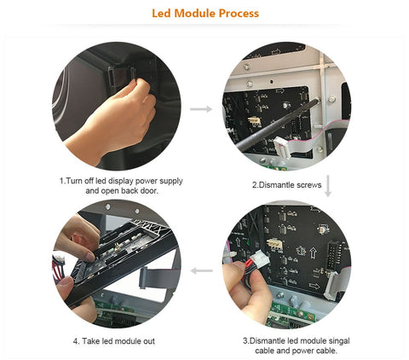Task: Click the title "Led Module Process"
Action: [x=204, y=14]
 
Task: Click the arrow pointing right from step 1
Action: [x=201, y=109]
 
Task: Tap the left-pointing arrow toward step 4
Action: [x=201, y=271]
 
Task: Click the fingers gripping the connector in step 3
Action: [x=240, y=277]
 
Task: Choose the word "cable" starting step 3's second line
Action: [x=262, y=350]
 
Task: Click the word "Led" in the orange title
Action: [x=161, y=14]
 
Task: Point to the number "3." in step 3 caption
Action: [x=245, y=340]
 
